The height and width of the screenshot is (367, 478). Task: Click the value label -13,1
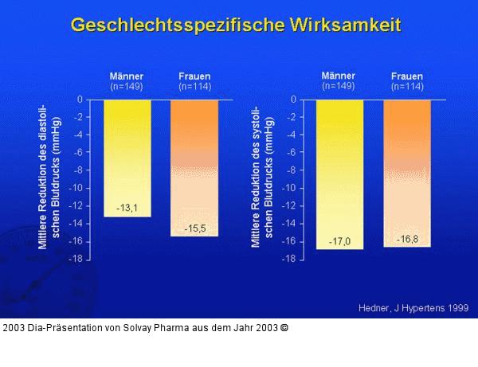[x=127, y=209]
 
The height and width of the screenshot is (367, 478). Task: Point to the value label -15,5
[x=195, y=228]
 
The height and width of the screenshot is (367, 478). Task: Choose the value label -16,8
[x=407, y=239]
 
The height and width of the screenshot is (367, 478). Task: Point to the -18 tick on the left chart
[x=76, y=259]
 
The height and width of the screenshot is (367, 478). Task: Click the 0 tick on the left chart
[x=80, y=100]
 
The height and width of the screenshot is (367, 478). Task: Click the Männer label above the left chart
[x=126, y=76]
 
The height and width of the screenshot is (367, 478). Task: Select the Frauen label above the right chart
[x=406, y=76]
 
